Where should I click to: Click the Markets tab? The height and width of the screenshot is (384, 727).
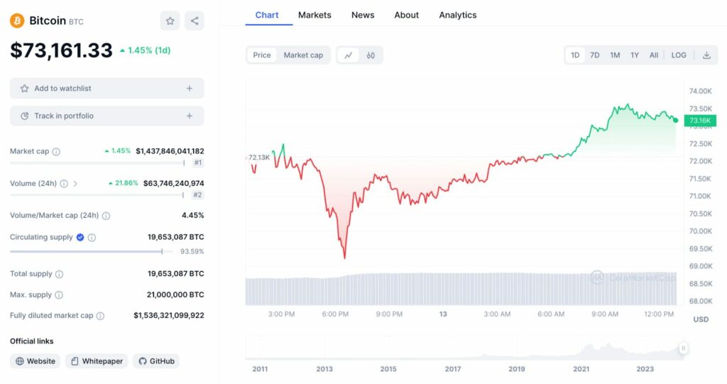[x=315, y=15]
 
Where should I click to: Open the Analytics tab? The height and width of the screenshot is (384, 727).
[x=457, y=15]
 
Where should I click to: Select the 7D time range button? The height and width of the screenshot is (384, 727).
[x=595, y=55]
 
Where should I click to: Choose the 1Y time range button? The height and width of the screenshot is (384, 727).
[x=635, y=55]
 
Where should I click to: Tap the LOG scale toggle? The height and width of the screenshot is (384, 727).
[x=679, y=55]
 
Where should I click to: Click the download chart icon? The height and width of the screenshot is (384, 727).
[x=706, y=55]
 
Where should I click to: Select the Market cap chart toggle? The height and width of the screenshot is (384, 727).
[x=303, y=55]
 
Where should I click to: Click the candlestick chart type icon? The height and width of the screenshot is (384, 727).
[x=371, y=55]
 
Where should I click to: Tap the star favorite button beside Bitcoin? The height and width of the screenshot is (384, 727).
[x=170, y=21]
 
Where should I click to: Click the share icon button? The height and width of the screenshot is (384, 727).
[x=195, y=21]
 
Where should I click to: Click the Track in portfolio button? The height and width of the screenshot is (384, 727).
[x=106, y=116]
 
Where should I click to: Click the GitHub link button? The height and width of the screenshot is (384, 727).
[x=155, y=361]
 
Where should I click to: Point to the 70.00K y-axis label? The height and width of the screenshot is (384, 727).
[x=700, y=231]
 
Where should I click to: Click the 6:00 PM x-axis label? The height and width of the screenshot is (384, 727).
[x=335, y=314]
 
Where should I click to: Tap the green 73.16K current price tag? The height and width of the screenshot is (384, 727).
[x=699, y=121]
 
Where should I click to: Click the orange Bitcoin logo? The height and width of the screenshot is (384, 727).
[x=17, y=21]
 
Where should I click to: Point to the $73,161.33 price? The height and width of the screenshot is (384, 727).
[x=61, y=50]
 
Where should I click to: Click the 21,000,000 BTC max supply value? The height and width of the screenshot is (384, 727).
[x=175, y=295]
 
